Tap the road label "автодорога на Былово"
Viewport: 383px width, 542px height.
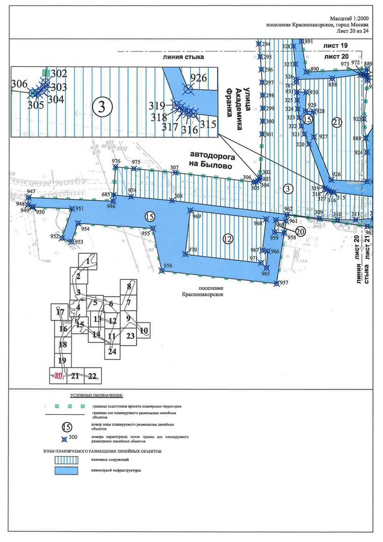pyautogui.click(x=211, y=160)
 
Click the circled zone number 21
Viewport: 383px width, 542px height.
pyautogui.click(x=337, y=122)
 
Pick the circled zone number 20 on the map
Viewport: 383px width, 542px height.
pyautogui.click(x=300, y=232)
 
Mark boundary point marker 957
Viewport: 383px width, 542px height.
pyautogui.click(x=277, y=283)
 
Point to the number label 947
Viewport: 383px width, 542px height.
pyautogui.click(x=31, y=192)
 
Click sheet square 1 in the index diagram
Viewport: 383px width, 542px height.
pyautogui.click(x=88, y=261)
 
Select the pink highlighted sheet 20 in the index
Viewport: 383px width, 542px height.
pyautogui.click(x=58, y=376)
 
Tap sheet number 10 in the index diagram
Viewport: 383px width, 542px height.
pyautogui.click(x=144, y=330)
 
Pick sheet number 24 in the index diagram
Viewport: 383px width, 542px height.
pyautogui.click(x=112, y=352)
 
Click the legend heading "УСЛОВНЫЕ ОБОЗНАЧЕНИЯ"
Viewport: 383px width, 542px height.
pyautogui.click(x=96, y=395)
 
